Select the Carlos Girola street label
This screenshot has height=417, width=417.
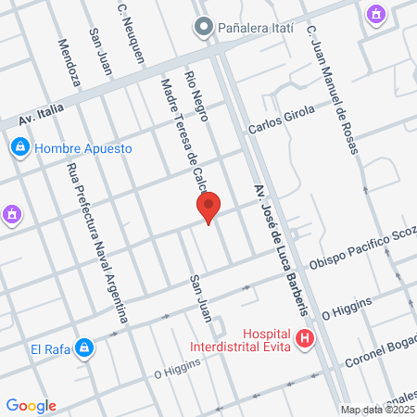click(x=282, y=120)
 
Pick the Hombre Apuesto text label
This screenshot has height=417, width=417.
click(x=83, y=147)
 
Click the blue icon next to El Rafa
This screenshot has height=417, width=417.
click(x=84, y=348)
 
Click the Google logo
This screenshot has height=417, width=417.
click(x=31, y=405)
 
